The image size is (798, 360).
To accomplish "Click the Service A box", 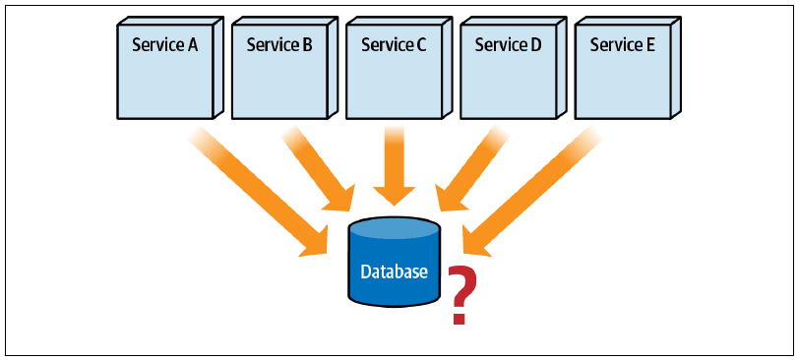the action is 170,68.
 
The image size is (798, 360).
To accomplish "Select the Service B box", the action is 284,68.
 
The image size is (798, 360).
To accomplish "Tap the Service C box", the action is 399,68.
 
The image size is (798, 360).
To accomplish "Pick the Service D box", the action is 514,68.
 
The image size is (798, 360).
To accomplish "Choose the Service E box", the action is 628,68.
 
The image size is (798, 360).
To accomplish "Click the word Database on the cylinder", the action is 394,271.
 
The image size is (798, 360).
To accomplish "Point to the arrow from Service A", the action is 258,191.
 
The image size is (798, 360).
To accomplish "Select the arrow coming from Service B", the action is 318,168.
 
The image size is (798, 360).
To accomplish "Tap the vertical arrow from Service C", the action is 395,166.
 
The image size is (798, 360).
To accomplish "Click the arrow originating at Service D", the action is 471,168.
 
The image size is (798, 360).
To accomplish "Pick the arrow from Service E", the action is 531,191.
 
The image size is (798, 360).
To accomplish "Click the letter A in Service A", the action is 193,44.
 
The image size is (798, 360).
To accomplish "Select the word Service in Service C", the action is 386,44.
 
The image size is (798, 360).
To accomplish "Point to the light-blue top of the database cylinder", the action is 394,229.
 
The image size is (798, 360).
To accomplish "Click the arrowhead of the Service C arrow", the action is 395,196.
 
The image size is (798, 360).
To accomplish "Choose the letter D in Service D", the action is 536,44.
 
